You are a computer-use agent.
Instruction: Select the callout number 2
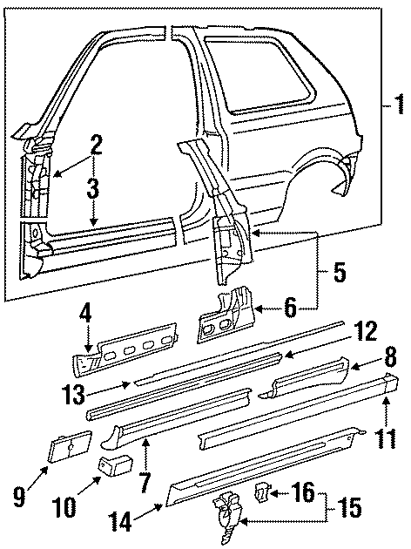(x=96, y=144)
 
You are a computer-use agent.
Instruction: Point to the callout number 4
(x=85, y=311)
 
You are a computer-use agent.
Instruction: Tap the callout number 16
(x=301, y=494)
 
